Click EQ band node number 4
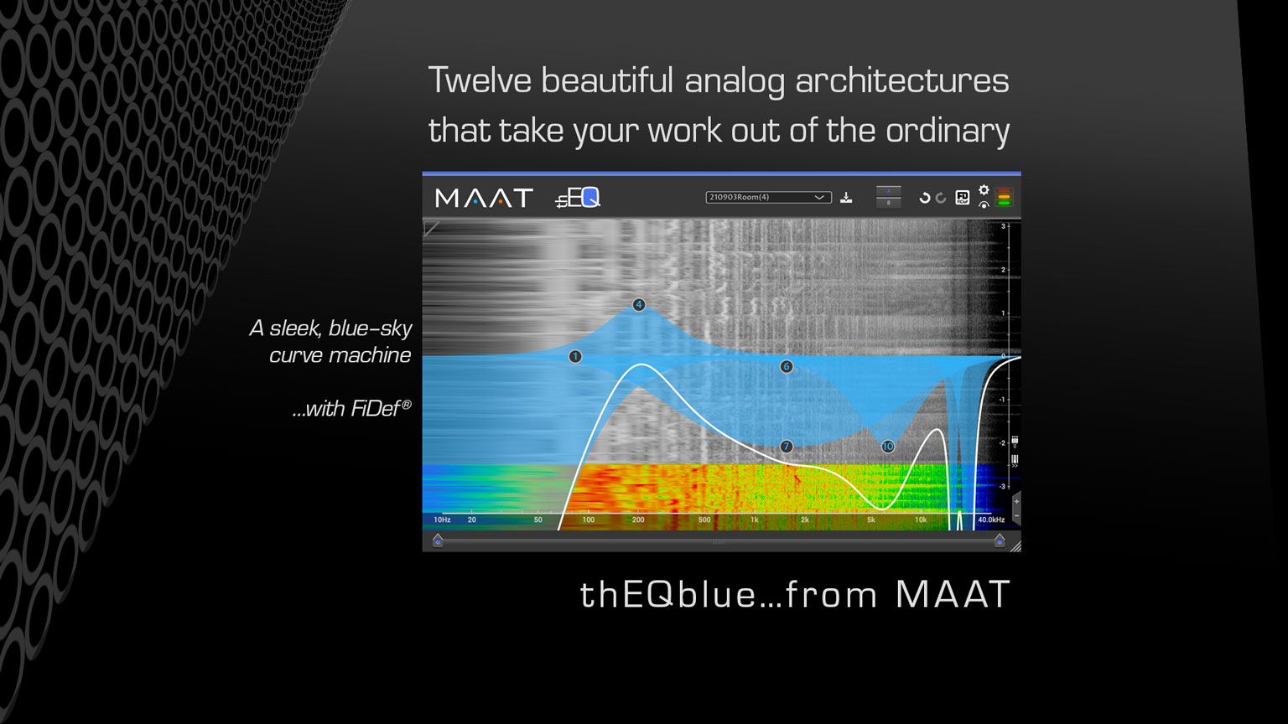tap(639, 305)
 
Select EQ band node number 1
tap(575, 357)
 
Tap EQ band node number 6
tap(787, 367)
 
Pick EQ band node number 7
tap(787, 447)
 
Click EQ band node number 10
tap(888, 447)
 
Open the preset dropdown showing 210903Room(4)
tap(768, 198)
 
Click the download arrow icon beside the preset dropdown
tap(847, 198)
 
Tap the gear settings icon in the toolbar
tap(984, 190)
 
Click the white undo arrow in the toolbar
tap(924, 198)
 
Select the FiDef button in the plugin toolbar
tap(963, 198)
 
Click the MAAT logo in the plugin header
tap(484, 198)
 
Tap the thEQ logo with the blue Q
tap(578, 198)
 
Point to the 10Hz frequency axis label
tap(442, 520)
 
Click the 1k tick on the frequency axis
tap(754, 520)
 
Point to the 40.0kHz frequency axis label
tap(990, 520)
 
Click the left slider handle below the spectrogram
tap(438, 541)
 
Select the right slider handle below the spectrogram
tap(1000, 541)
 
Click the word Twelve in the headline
tap(480, 81)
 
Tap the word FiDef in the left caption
tap(374, 409)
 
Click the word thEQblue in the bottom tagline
tap(668, 595)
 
